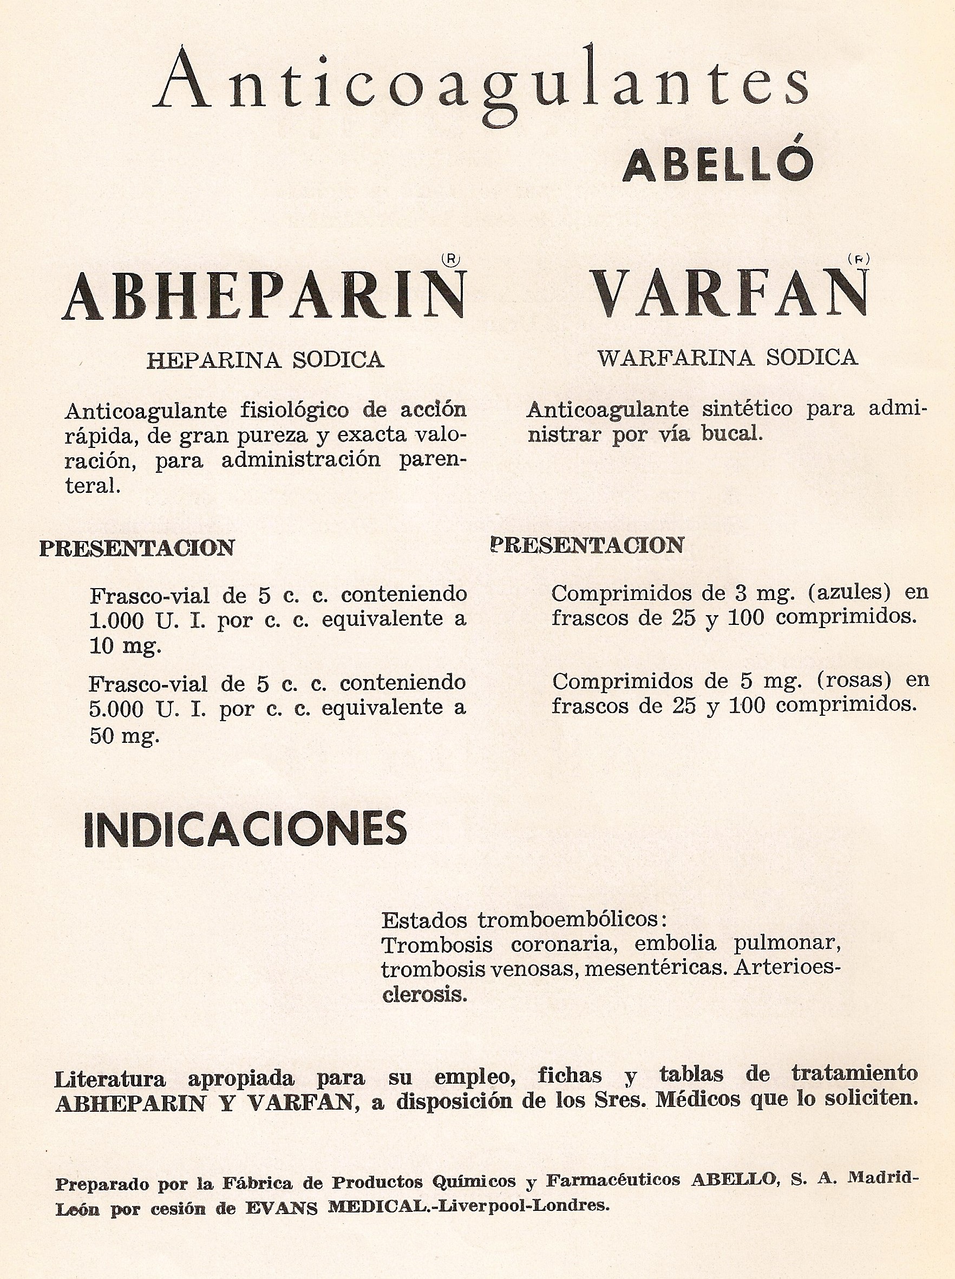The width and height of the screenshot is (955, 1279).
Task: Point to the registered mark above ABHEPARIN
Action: coord(450,260)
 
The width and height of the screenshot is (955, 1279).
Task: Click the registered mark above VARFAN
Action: coord(860,259)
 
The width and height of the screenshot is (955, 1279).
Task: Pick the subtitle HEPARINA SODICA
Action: coord(265,360)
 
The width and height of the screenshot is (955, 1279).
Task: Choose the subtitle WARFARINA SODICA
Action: coord(728,358)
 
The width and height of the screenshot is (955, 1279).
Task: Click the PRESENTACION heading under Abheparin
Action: coord(136,548)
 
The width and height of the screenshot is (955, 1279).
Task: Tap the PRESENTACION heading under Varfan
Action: coord(587,545)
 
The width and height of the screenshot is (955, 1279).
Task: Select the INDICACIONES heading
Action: coord(245,829)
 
